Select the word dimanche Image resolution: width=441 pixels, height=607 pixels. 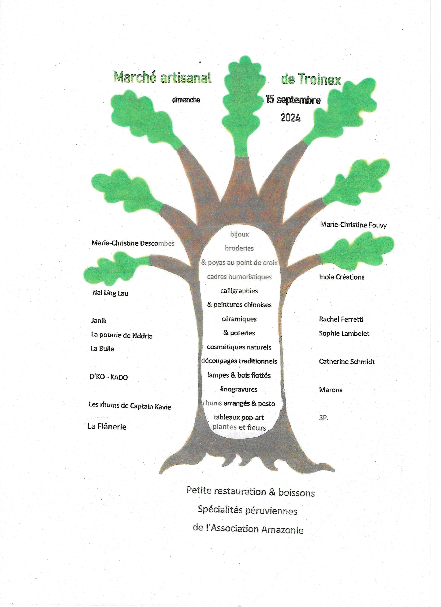tap(186, 100)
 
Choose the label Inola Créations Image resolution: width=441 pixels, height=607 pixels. tap(342, 277)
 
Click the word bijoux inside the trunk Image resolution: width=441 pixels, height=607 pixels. tap(239, 234)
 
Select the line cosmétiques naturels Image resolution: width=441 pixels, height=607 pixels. tap(239, 347)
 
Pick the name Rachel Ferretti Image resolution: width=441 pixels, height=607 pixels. tap(341, 319)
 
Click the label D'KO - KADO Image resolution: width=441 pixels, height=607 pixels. tap(109, 377)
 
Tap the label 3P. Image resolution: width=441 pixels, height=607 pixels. tap(324, 418)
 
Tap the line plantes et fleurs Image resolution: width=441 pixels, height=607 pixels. tap(239, 427)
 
